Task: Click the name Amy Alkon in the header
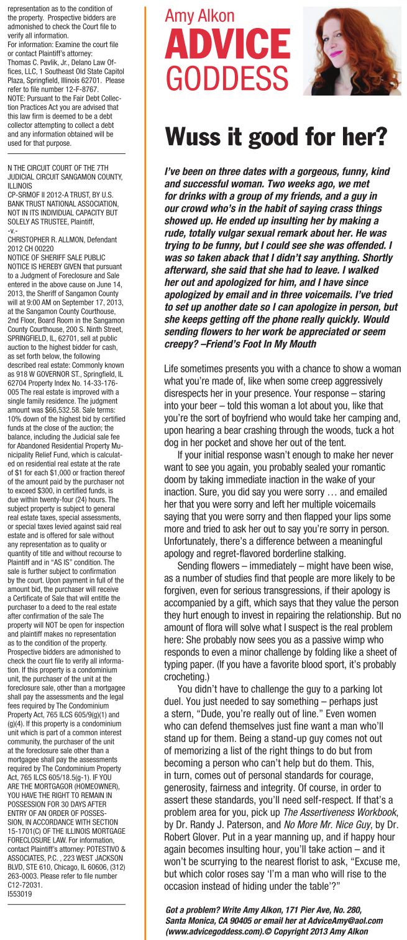(x=199, y=16)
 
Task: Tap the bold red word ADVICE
(x=227, y=47)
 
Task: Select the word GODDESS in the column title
(x=226, y=78)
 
